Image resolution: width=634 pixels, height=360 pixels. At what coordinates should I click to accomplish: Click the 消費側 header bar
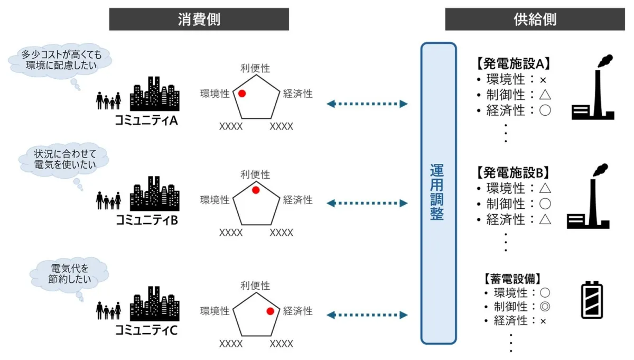tap(199, 20)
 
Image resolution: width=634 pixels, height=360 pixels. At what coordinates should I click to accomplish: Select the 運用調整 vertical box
tap(438, 192)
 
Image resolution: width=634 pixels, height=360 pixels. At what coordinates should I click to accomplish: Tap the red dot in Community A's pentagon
tap(242, 94)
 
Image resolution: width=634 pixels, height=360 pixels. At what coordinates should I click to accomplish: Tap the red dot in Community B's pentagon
tap(255, 190)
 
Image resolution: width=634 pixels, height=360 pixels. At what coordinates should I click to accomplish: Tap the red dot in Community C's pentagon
tap(271, 311)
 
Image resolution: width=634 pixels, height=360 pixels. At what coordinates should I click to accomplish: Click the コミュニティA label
tap(146, 121)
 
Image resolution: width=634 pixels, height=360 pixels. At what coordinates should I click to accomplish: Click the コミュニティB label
tap(146, 220)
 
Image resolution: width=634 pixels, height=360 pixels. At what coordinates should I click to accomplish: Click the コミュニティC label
tap(146, 331)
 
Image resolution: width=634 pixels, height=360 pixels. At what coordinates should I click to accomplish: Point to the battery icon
tap(591, 300)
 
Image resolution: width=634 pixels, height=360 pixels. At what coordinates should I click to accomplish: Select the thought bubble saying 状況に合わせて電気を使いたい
tap(63, 160)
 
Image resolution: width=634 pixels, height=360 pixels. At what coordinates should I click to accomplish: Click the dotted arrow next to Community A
tap(367, 104)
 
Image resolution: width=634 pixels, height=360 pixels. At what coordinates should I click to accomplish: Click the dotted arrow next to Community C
tap(367, 315)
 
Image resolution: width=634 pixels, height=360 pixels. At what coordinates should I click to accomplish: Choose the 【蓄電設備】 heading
tap(512, 278)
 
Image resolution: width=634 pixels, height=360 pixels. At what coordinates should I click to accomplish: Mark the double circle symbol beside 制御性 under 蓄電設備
tap(545, 307)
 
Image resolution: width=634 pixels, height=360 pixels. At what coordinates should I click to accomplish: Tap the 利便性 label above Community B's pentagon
tap(255, 174)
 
